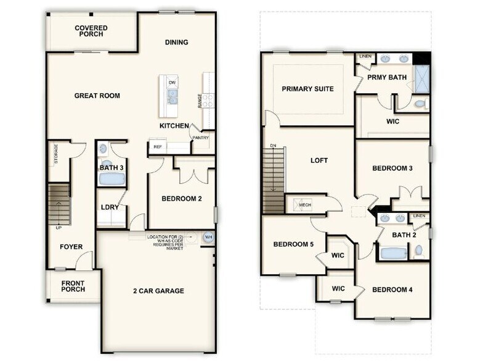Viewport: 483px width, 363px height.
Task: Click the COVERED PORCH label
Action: [x=91, y=31]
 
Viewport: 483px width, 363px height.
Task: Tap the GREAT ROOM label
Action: [x=97, y=96]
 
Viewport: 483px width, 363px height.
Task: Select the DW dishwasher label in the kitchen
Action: [x=172, y=82]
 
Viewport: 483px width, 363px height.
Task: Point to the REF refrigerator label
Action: [x=157, y=147]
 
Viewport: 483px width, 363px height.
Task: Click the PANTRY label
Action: [x=200, y=138]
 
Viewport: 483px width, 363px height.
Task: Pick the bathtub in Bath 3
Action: [x=112, y=179]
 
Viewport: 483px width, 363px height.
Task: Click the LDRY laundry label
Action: [x=110, y=207]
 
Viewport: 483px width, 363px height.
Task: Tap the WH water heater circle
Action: [x=208, y=237]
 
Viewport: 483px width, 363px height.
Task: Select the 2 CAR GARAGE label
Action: [x=159, y=291]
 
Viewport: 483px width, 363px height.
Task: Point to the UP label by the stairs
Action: [x=58, y=228]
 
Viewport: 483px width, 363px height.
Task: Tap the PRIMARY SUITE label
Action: [x=307, y=89]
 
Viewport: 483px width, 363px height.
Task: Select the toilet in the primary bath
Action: [x=420, y=104]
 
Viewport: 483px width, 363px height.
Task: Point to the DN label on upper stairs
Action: [x=273, y=146]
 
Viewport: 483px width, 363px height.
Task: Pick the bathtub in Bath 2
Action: [x=391, y=253]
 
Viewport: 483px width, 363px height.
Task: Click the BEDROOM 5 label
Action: [x=293, y=244]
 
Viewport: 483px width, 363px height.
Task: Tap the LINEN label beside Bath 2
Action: [x=420, y=215]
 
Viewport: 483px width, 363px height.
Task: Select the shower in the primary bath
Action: [x=423, y=79]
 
